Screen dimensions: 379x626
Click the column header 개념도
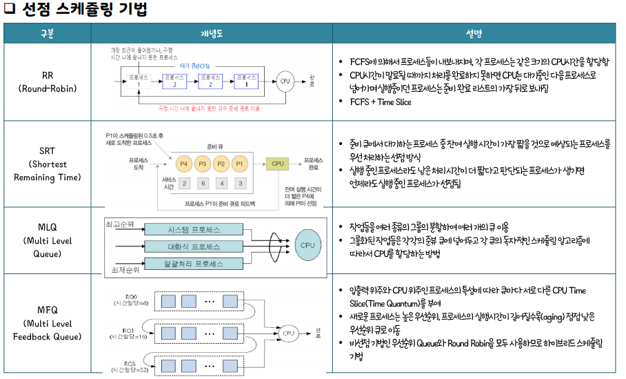212,33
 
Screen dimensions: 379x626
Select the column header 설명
473,33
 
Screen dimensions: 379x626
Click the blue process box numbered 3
174,80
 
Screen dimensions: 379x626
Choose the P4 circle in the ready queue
183,164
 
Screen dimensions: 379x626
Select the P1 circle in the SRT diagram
239,164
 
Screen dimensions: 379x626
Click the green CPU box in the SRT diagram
277,164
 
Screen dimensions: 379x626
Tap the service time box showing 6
203,183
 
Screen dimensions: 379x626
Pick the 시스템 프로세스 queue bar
184,229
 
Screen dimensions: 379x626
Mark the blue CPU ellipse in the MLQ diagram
306,244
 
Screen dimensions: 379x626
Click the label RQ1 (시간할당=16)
128,333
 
